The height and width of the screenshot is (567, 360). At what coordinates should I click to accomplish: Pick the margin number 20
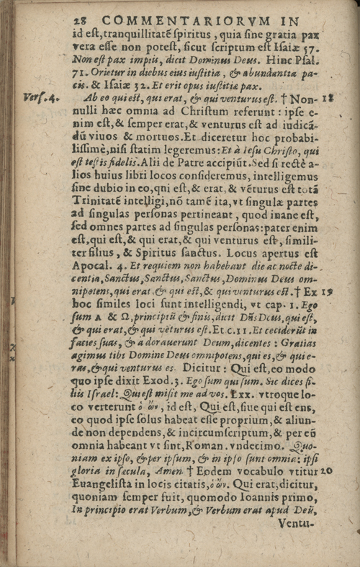pyautogui.click(x=324, y=470)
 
